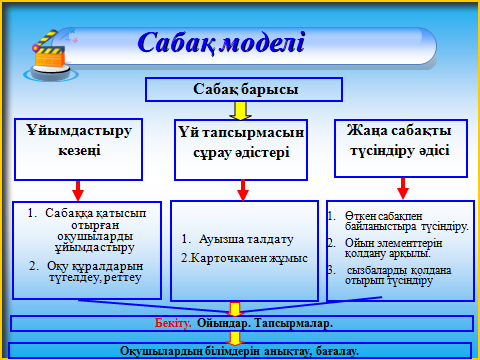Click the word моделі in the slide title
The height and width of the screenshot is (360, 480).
click(x=263, y=43)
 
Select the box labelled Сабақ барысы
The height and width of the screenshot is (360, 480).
click(x=244, y=89)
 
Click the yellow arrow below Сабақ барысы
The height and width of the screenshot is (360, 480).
click(x=240, y=111)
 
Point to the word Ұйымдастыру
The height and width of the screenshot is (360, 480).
click(x=79, y=131)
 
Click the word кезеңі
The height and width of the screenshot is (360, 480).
click(x=79, y=150)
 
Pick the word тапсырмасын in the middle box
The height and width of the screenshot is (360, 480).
click(x=253, y=133)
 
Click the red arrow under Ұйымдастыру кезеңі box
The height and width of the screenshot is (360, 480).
click(x=78, y=191)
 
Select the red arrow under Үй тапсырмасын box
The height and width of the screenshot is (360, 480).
click(x=243, y=190)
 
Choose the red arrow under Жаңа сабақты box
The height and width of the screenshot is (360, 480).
click(x=403, y=189)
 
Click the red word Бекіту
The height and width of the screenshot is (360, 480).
click(x=173, y=323)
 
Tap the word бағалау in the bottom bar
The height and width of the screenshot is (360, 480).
click(x=337, y=351)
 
